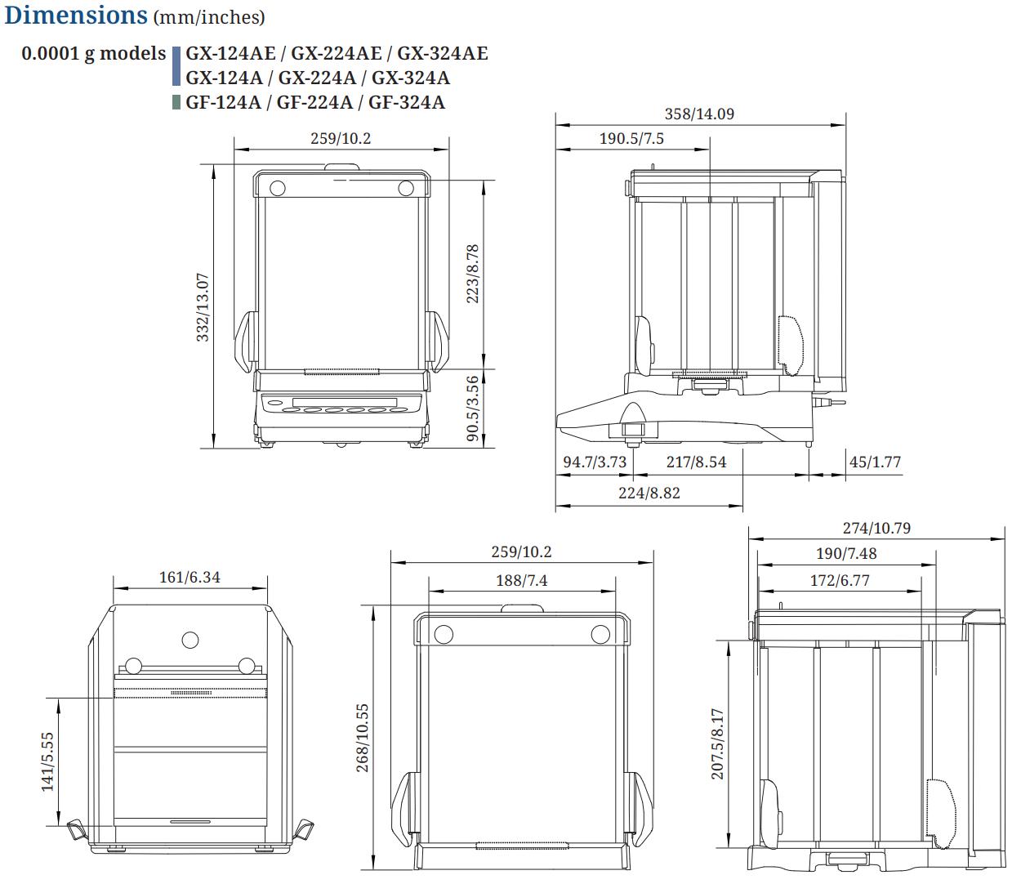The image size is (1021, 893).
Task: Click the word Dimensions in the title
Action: point(76,15)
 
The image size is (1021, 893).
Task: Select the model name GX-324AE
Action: point(442,53)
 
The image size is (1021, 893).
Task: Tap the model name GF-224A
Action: point(314,102)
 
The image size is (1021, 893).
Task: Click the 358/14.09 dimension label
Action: point(699,114)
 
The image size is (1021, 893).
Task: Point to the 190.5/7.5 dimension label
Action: point(631,138)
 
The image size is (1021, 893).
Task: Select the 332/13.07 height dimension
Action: point(203,307)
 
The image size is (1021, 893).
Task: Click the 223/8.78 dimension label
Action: point(472,274)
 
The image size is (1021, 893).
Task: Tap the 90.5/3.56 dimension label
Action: point(472,409)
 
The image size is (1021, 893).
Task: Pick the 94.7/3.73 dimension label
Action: point(595,462)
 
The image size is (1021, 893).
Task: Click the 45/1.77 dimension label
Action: point(875,462)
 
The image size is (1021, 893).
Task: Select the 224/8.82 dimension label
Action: point(649,493)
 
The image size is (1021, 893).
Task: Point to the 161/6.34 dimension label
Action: point(189,577)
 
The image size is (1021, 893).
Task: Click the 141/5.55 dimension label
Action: point(47,761)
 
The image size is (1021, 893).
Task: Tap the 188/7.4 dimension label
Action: point(521,581)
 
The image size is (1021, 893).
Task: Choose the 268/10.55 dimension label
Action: point(363,738)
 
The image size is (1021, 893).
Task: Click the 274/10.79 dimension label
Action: point(876,528)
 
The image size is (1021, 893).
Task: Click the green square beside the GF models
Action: point(176,102)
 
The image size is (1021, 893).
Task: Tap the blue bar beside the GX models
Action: point(176,66)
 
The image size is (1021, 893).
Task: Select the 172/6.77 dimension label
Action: point(840,581)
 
